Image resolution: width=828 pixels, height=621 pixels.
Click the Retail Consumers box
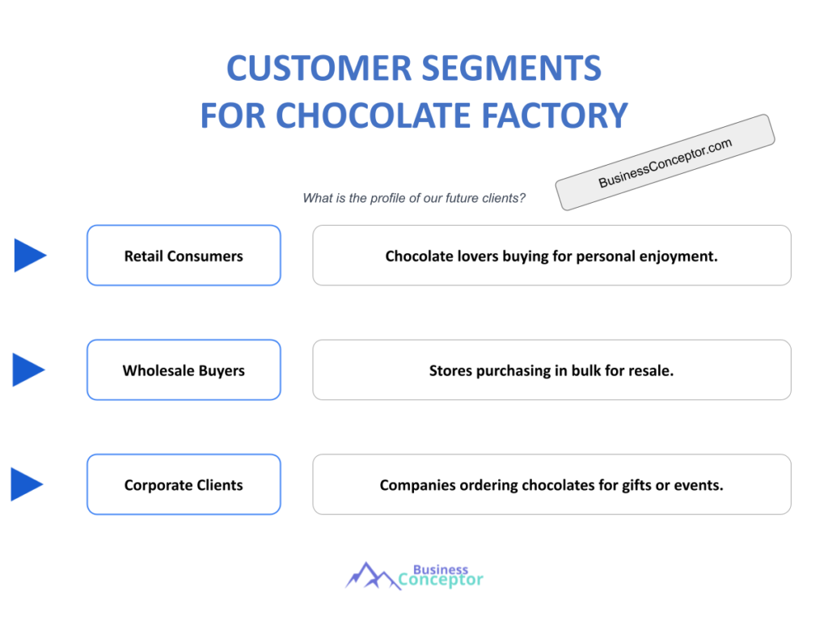point(184,256)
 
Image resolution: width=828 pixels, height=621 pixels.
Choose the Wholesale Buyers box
point(184,370)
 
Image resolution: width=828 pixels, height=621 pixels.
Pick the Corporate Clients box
point(184,485)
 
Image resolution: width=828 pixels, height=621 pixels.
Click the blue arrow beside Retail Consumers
point(30,256)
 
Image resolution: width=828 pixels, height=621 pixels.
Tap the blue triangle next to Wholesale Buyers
point(29,370)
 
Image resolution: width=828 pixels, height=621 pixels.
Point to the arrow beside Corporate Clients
point(27,484)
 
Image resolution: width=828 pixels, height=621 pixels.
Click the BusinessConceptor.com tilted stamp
point(665,163)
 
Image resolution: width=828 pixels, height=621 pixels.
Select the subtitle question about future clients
point(414,198)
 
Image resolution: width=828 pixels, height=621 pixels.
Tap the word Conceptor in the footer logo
point(441,580)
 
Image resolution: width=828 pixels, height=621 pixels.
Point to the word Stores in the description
point(451,371)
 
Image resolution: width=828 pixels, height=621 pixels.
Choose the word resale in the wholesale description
point(652,371)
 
